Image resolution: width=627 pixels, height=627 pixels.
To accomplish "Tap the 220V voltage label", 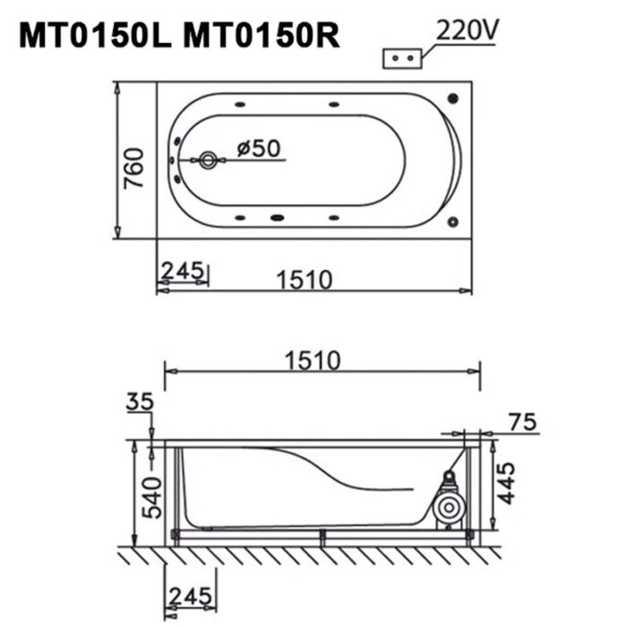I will pyautogui.click(x=468, y=30).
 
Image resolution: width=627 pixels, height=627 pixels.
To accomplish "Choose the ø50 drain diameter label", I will pyautogui.click(x=259, y=148).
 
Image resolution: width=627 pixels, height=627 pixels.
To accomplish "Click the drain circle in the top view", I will pyautogui.click(x=208, y=161).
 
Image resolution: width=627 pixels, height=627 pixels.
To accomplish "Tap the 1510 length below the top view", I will pyautogui.click(x=304, y=280).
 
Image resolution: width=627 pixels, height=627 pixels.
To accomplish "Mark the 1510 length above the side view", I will pyautogui.click(x=313, y=360).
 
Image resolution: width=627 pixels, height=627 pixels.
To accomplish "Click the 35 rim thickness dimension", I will pyautogui.click(x=141, y=402).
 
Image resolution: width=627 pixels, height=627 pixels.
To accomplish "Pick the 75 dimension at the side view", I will pyautogui.click(x=524, y=422).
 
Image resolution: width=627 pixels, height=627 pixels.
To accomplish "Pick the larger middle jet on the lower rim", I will pyautogui.click(x=278, y=216).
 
